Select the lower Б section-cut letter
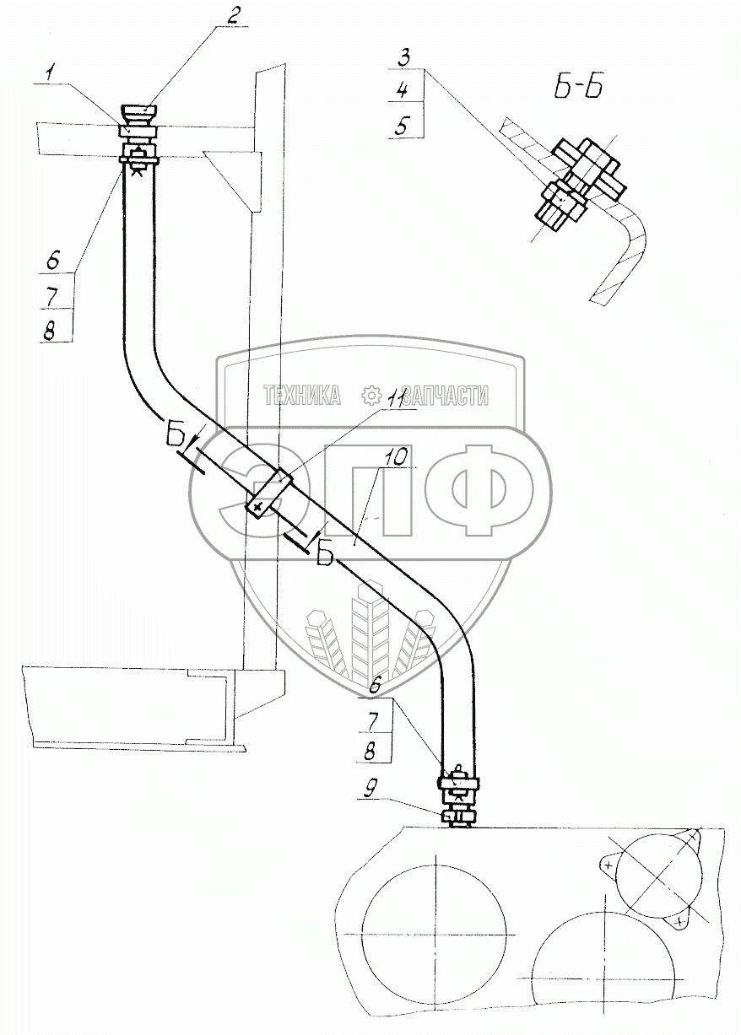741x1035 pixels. point(326,554)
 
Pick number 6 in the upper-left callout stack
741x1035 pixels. point(52,262)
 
